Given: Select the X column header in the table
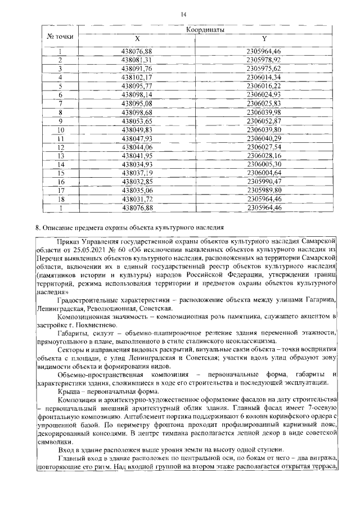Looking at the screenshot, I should coord(137,38).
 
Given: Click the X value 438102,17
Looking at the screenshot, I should coord(137,76).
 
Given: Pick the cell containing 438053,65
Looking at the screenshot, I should coord(137,120).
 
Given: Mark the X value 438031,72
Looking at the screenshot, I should coord(137,199).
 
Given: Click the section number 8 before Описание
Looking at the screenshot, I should coord(37,228).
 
